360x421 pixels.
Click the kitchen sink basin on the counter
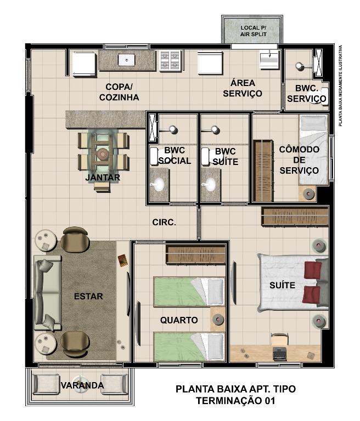(x=127, y=60)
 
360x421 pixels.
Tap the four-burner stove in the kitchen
(x=170, y=61)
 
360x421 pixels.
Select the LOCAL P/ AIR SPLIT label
(x=254, y=31)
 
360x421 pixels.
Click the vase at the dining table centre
(x=103, y=154)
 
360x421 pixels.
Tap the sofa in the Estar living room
(x=47, y=293)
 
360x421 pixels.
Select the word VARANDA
(x=82, y=385)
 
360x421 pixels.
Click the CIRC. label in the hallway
(x=164, y=223)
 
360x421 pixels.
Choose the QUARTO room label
(x=179, y=320)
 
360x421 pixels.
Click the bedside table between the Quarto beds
(x=217, y=320)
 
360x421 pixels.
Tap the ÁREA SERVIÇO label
(x=243, y=88)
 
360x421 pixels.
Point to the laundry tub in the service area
(x=269, y=59)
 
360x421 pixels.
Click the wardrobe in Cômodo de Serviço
(x=263, y=171)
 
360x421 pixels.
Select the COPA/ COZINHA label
(x=119, y=92)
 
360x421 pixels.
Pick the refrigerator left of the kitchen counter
(x=85, y=64)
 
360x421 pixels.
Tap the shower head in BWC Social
(x=173, y=130)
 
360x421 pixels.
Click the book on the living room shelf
(x=122, y=260)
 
